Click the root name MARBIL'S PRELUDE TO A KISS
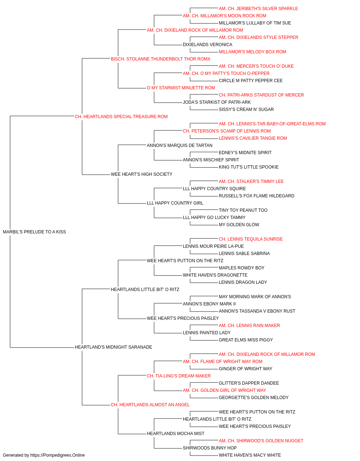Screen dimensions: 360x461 tap(34, 232)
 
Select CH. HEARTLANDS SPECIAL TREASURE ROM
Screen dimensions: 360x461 tap(121, 116)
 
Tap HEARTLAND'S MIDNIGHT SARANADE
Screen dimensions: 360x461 tap(113, 347)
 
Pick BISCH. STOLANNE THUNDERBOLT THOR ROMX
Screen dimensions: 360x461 tap(161, 59)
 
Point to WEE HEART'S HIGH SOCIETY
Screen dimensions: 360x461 tap(141, 174)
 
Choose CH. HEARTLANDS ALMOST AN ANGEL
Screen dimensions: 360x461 tap(150, 404)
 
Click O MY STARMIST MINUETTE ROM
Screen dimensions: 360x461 tap(181, 88)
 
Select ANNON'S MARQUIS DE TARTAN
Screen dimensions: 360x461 tap(180, 145)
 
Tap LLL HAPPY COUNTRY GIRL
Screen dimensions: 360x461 tap(175, 203)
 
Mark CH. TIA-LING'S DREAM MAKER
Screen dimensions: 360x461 tap(179, 376)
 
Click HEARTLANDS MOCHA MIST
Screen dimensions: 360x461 tap(176, 433)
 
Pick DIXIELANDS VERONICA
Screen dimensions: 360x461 tap(208, 45)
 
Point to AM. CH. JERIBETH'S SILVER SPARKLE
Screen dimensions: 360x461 tap(258, 9)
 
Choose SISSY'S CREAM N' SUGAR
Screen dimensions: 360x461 tap(246, 109)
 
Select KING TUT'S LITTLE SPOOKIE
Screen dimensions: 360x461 tap(249, 167)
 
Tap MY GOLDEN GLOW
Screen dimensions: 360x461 tap(239, 224)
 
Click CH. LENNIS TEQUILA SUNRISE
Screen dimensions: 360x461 tap(251, 239)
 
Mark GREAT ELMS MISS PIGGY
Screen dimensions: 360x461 tap(246, 340)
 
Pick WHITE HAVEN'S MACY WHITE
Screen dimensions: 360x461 tap(250, 455)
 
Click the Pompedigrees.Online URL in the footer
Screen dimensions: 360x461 tap(58, 455)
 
